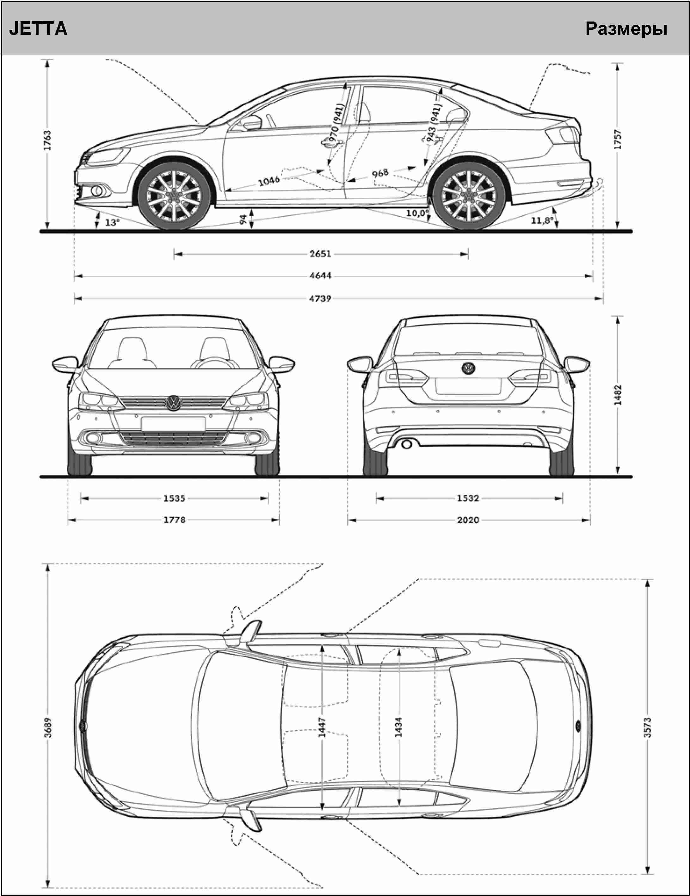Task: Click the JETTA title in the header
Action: click(x=38, y=29)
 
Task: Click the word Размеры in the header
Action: click(x=626, y=29)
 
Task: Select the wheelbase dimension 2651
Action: click(x=320, y=254)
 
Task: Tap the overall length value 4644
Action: click(x=320, y=276)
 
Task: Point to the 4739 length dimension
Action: click(x=320, y=299)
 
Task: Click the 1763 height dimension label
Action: click(x=47, y=140)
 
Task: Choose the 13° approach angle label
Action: click(x=112, y=222)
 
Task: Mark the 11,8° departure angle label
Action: click(x=542, y=221)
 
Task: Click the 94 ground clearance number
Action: click(x=243, y=219)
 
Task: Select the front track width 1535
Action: click(x=174, y=498)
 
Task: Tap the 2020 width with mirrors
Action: click(x=468, y=520)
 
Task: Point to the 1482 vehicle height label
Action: click(x=618, y=395)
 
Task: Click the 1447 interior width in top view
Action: click(x=322, y=727)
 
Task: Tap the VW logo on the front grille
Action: click(x=174, y=403)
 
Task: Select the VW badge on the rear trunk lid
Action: click(x=468, y=368)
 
